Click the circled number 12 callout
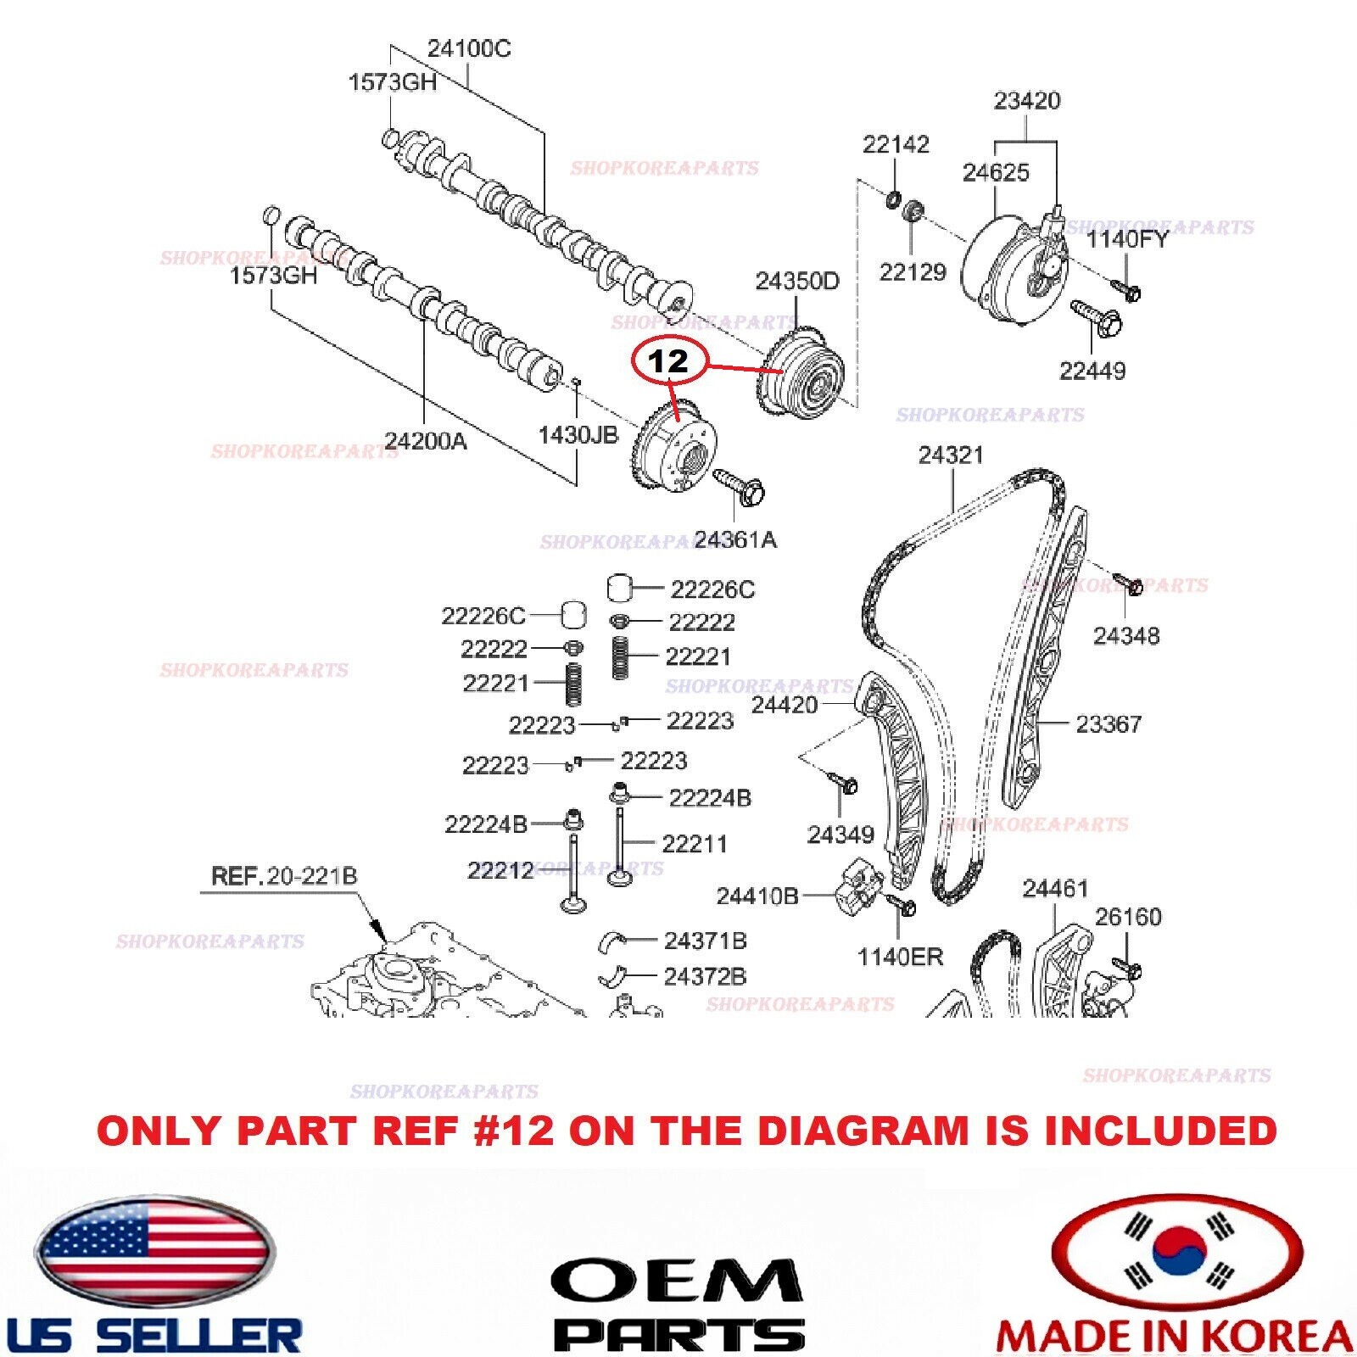(x=668, y=362)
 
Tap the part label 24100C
(x=468, y=48)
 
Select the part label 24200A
(x=425, y=441)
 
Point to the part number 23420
(x=1026, y=101)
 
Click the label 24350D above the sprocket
(x=796, y=282)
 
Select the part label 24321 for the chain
(x=951, y=455)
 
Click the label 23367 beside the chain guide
(x=1108, y=724)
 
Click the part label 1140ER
(x=899, y=958)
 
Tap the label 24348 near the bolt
(x=1125, y=636)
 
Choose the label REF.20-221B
(x=283, y=876)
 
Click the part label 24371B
(x=705, y=941)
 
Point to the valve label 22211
(x=694, y=844)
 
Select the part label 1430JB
(x=578, y=435)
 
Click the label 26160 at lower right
(x=1127, y=917)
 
